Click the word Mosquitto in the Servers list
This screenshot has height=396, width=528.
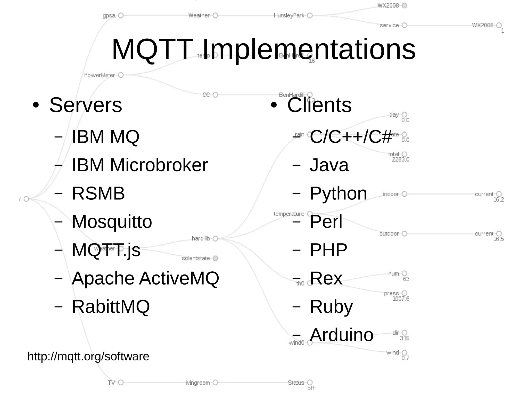click(112, 222)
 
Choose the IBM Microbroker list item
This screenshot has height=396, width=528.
click(140, 165)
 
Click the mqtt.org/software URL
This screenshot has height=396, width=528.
click(88, 356)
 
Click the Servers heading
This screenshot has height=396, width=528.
click(86, 105)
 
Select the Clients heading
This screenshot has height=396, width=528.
click(319, 105)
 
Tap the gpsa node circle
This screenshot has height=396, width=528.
click(121, 15)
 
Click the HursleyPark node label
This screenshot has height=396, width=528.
click(289, 15)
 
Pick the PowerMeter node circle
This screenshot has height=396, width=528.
click(121, 75)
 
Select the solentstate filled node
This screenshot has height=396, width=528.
click(216, 258)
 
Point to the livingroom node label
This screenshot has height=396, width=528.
click(197, 383)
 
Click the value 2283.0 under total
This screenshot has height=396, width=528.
click(400, 159)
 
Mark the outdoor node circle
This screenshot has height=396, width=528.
click(405, 233)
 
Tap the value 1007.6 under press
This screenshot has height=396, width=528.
click(401, 299)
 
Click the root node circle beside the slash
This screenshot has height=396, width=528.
click(26, 199)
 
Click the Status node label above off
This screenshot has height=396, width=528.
click(296, 383)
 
